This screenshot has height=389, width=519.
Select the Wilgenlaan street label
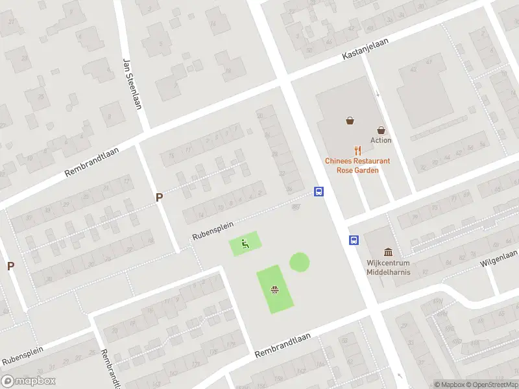498,258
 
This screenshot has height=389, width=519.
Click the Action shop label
381,140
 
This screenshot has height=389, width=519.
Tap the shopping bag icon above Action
350,120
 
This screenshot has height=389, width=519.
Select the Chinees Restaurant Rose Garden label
357,165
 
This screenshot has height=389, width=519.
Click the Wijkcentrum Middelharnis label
388,268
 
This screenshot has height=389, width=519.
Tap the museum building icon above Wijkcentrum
389,252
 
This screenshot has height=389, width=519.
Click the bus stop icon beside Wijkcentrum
354,240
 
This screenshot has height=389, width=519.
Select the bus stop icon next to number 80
319,191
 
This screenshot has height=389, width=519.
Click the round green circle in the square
299,262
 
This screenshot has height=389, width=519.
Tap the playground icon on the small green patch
245,244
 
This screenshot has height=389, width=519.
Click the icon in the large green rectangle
274,290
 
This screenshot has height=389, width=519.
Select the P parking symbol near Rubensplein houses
158,197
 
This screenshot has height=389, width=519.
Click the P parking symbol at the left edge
10,266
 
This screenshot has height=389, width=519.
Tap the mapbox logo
28,381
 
